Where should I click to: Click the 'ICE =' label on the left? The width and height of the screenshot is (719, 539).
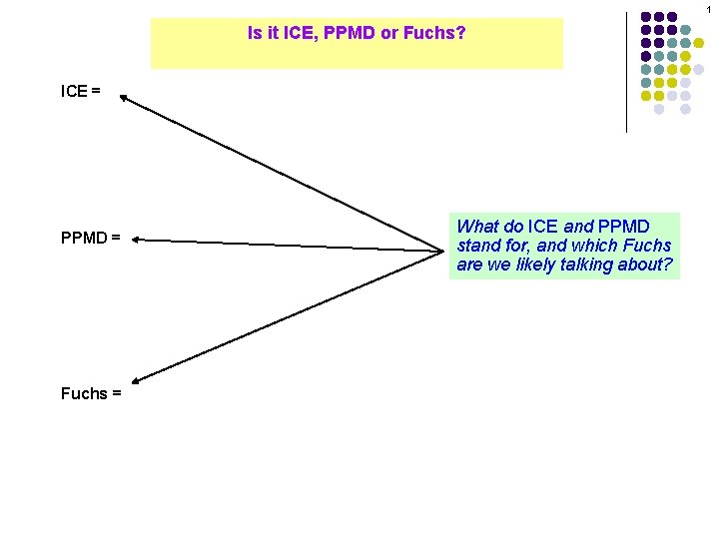[81, 92]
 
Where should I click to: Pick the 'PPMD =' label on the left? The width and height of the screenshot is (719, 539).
[91, 239]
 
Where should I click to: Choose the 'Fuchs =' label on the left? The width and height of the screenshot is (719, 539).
[91, 393]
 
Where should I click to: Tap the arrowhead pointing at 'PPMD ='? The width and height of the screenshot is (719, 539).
[133, 240]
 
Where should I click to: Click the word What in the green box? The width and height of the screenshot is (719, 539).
[477, 227]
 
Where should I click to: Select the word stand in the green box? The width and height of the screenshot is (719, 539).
[476, 246]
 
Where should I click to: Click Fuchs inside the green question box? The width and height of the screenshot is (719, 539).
[649, 246]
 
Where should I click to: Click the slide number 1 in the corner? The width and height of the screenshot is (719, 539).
[709, 9]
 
